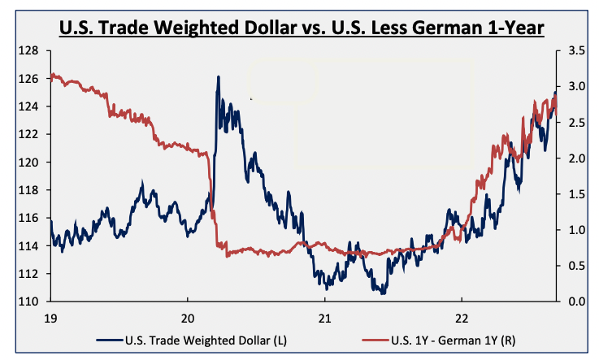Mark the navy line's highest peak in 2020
point(218,77)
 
